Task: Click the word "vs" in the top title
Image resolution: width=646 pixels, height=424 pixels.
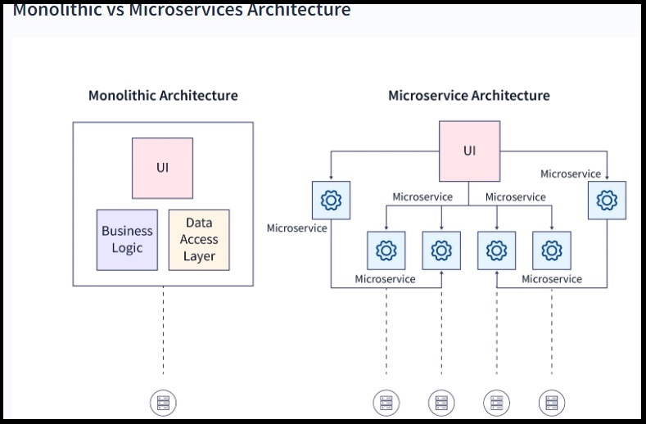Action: point(113,10)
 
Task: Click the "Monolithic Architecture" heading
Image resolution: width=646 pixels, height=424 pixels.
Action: point(163,95)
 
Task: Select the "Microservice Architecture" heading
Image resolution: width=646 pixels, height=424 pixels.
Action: point(468,95)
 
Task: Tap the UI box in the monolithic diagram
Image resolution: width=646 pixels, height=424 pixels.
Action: point(162,168)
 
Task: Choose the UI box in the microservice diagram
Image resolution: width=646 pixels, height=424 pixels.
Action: point(469,151)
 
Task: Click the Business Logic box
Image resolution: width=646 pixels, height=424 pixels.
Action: point(127,240)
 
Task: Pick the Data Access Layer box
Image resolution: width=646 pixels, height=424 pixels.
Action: point(199,240)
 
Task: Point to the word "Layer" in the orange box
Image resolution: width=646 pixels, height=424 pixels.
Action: point(199,256)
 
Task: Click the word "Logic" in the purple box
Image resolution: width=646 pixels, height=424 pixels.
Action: point(127,248)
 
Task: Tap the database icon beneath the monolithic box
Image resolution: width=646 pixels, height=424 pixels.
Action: point(163,402)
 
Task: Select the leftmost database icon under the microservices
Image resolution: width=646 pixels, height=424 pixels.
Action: point(386,402)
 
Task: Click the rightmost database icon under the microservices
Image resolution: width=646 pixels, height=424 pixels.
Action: point(552,402)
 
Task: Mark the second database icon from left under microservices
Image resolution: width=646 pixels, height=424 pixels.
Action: point(441,402)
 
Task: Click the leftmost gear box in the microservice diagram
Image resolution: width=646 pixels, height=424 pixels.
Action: point(332,200)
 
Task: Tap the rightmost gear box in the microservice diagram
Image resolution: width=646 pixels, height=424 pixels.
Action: point(607,200)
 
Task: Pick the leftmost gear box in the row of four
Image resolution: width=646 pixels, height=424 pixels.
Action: point(386,250)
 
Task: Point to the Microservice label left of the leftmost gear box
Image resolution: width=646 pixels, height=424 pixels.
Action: point(296,228)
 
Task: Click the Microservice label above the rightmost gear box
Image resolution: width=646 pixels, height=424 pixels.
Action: point(571,174)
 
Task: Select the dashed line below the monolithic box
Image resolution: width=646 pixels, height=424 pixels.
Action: point(163,336)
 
